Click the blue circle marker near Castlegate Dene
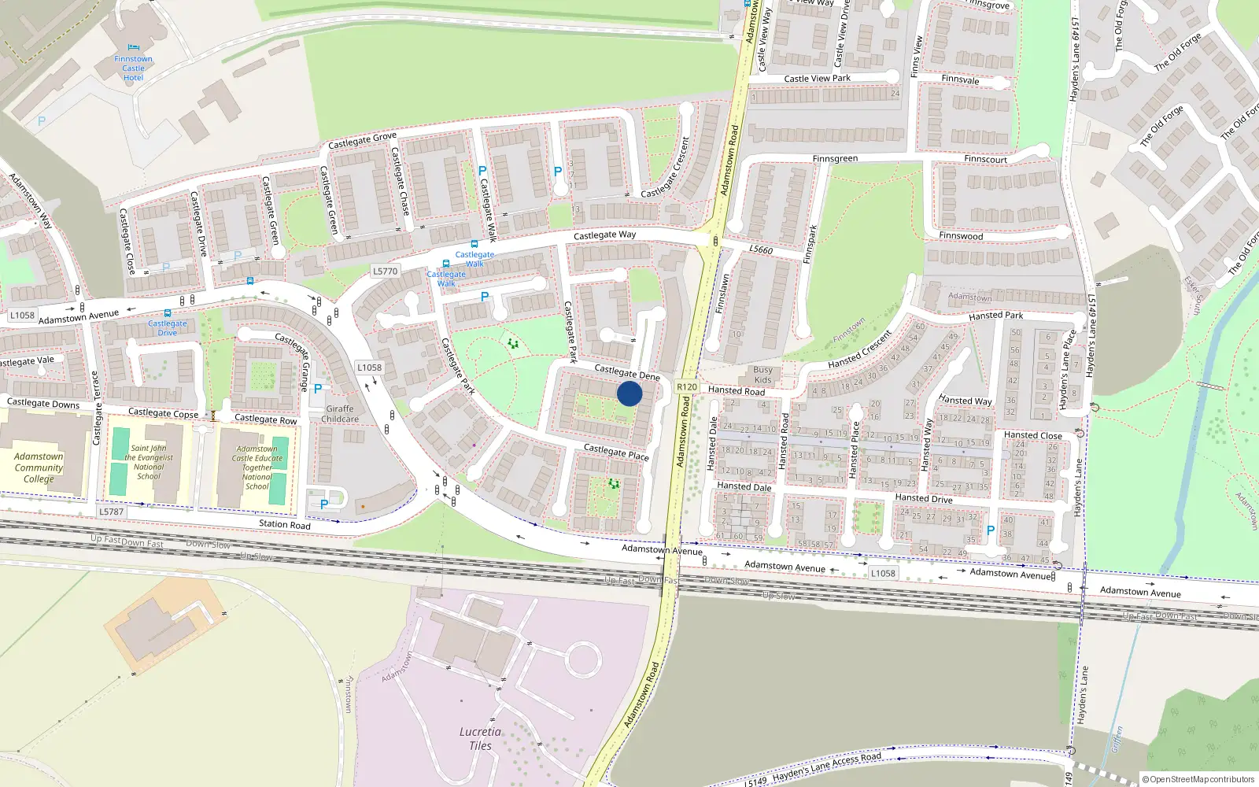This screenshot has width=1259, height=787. [x=629, y=393]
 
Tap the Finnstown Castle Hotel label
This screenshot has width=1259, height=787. [x=133, y=68]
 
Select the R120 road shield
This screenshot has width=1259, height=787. [x=687, y=386]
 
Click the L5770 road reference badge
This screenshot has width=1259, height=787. [x=385, y=272]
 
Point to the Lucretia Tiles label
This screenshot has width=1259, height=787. [x=480, y=738]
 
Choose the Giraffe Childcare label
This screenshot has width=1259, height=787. [x=340, y=414]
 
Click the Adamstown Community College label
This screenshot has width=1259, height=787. [x=39, y=467]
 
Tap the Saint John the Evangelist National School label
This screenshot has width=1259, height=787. [x=149, y=462]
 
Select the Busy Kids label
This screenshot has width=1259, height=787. [x=762, y=375]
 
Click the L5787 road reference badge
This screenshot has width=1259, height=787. [x=112, y=512]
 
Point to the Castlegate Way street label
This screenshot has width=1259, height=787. [x=604, y=235]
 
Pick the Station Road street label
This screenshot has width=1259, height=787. [x=285, y=524]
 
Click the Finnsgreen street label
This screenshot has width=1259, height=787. [x=835, y=159]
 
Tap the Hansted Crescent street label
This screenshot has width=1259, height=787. [x=859, y=350]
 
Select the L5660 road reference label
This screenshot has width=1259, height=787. [x=761, y=249]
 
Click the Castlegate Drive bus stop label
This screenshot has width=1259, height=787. [x=168, y=328]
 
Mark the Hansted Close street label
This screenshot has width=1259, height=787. [x=1032, y=435]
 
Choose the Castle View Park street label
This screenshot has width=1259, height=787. [x=817, y=79]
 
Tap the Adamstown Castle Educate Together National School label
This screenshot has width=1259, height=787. [x=257, y=467]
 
